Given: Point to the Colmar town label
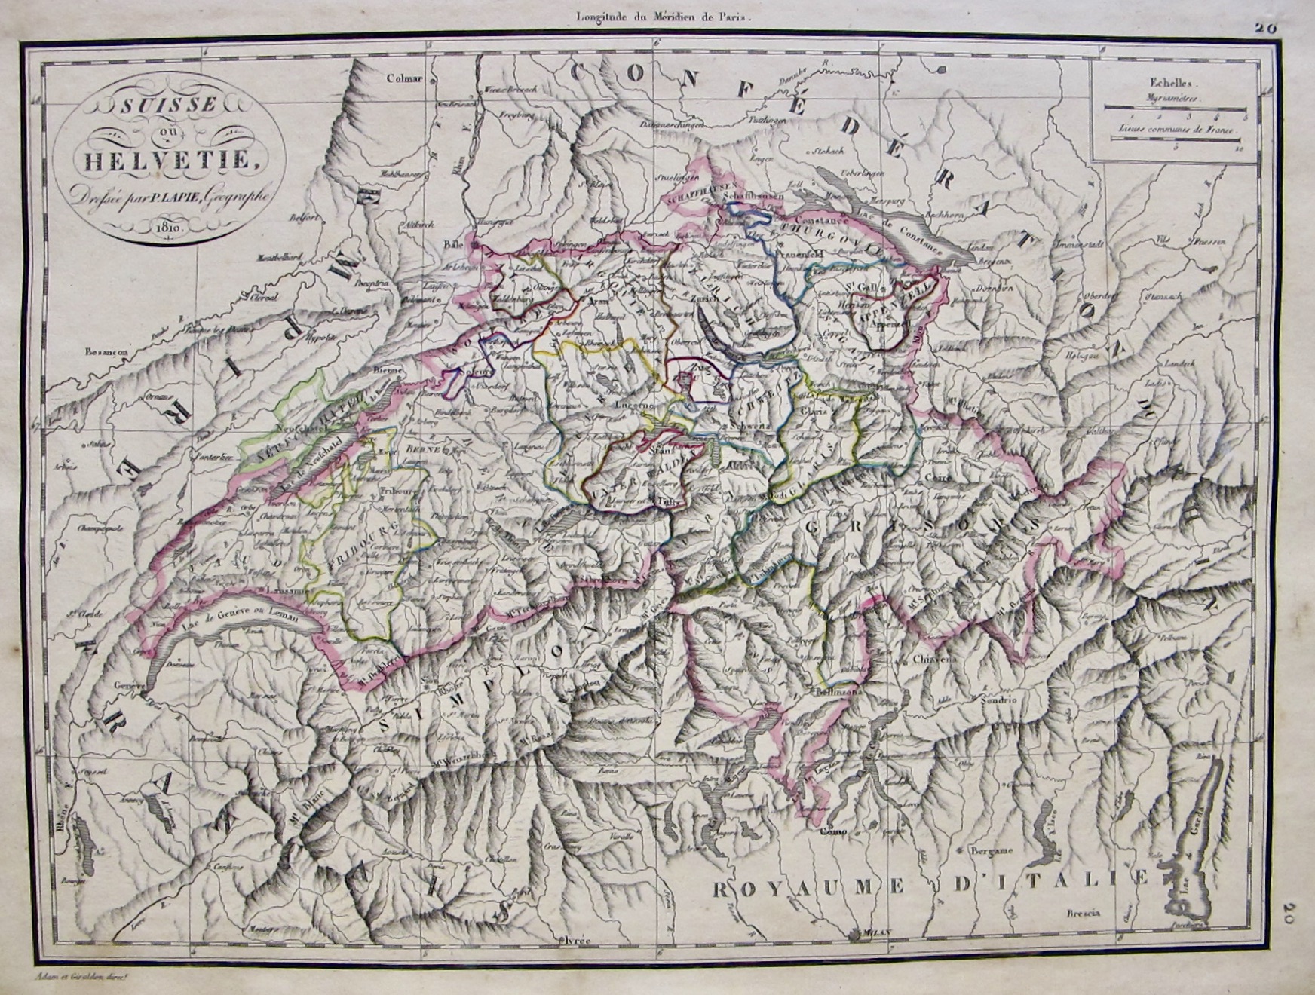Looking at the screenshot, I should pyautogui.click(x=401, y=77).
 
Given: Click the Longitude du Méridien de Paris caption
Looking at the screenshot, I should pyautogui.click(x=654, y=13).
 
